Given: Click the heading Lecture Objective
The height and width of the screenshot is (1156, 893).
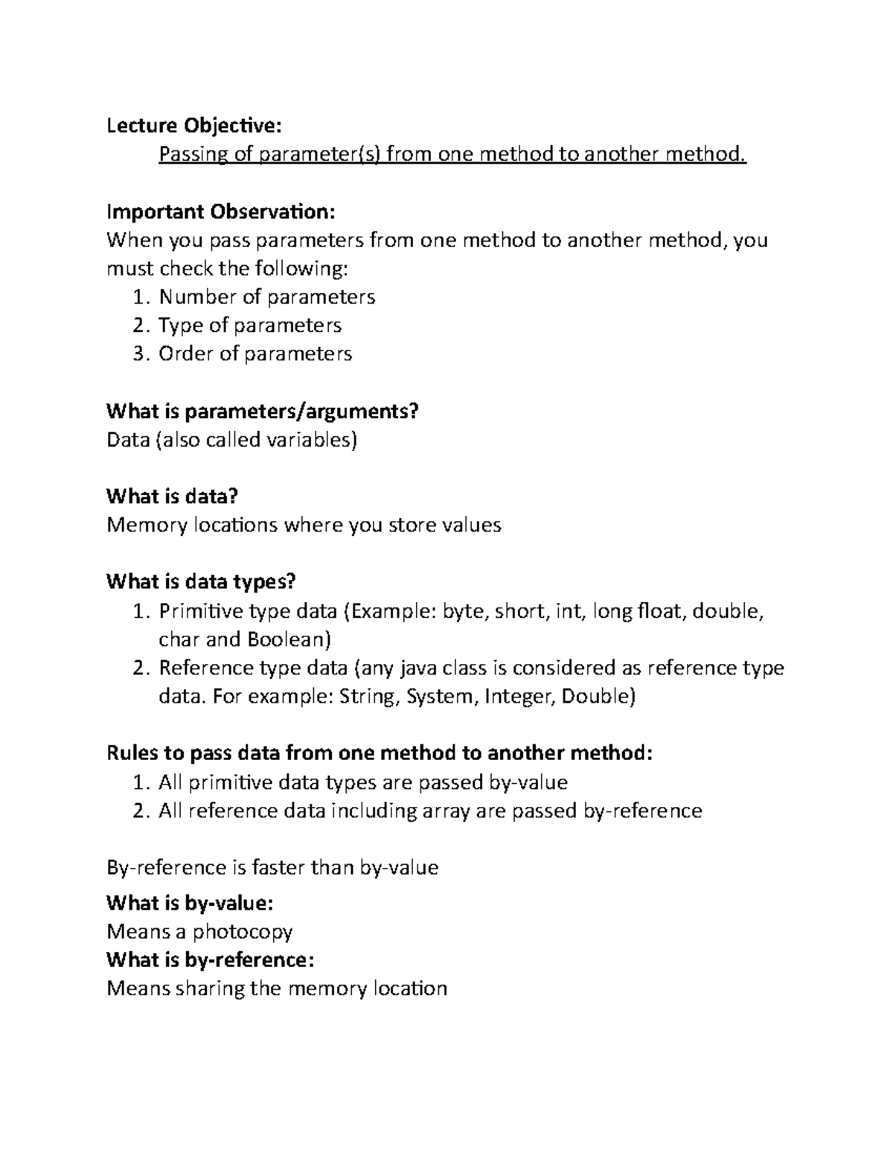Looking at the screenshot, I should [x=194, y=125].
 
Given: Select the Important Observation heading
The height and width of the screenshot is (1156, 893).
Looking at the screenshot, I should [x=221, y=211].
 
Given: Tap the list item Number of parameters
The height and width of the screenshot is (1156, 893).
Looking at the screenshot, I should [x=266, y=297].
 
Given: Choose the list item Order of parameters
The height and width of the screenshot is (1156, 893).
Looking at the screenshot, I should [x=255, y=354].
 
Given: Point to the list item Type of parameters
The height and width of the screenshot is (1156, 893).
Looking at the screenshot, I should [x=249, y=325].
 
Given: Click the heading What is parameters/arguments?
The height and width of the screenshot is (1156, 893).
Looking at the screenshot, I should [x=263, y=411].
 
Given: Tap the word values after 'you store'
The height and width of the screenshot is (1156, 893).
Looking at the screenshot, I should [x=472, y=526].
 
